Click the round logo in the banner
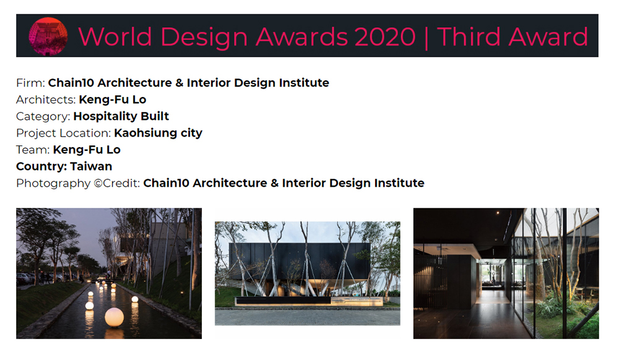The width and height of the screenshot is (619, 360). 48,36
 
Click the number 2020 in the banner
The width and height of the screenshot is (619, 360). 385,36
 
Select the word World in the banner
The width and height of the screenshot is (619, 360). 115,36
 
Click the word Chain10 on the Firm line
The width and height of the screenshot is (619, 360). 71,83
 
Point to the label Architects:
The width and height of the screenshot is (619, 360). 46,100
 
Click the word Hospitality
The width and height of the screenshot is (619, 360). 105,117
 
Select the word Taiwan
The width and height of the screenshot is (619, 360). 91,166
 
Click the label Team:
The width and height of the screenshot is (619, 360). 33,150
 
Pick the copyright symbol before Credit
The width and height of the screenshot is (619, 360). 98,183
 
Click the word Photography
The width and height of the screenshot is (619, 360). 53,184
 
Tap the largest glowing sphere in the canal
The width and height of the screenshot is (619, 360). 114,317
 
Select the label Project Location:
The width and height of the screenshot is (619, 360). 64,133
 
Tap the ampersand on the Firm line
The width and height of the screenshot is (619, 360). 180,83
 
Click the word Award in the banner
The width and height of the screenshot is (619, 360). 548,36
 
